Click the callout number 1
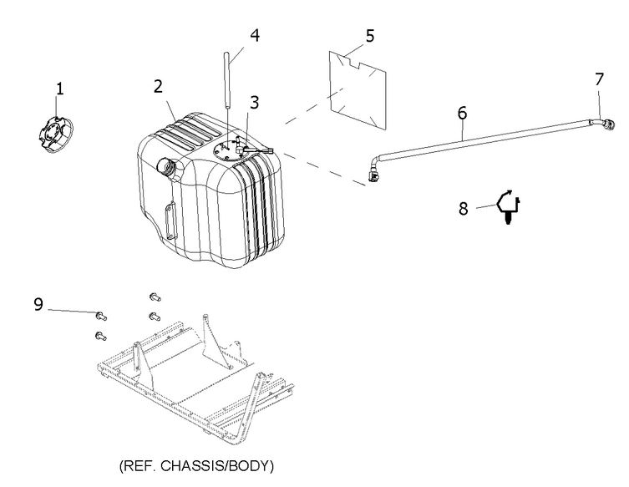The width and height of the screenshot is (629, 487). click(59, 87)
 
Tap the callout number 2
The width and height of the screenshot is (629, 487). click(157, 86)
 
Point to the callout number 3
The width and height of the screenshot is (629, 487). click(255, 103)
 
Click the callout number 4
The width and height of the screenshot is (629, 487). click(255, 35)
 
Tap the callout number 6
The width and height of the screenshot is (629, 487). click(463, 112)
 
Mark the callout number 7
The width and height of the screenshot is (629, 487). click(598, 79)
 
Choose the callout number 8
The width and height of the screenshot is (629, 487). click(464, 209)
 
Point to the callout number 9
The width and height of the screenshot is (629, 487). click(38, 304)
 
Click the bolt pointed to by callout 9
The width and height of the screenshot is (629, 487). click(100, 316)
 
